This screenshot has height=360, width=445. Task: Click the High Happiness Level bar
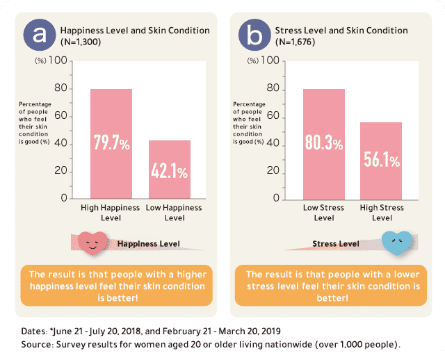pos(111,111)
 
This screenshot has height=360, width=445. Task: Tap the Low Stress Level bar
pos(323,111)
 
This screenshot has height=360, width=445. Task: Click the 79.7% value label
pos(111,143)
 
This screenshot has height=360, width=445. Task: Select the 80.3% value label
pos(323,143)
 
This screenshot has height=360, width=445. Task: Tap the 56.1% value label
pos(382,161)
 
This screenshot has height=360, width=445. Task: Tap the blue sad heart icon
pos(397,243)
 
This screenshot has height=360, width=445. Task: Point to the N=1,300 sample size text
pos(82,42)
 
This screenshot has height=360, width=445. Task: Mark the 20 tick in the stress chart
pos(273,171)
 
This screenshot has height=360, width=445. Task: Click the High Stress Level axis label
pos(382,213)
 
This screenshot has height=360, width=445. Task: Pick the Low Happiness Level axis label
pos(173,213)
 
